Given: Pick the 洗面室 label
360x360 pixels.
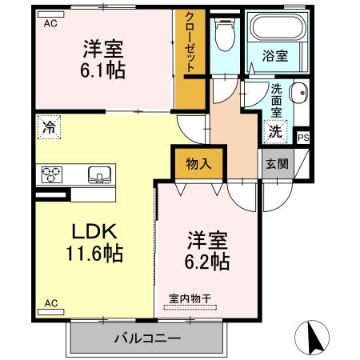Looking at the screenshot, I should click(275, 101).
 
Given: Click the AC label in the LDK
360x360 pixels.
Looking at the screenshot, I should click(51, 303).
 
